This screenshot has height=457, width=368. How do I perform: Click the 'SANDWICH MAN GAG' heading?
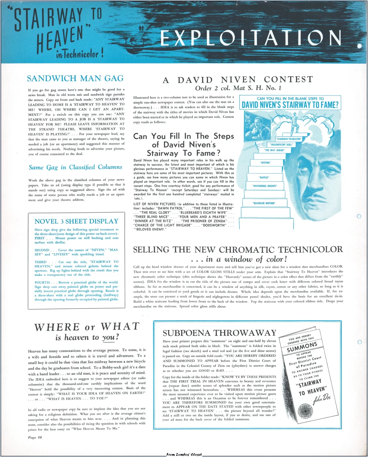coord(75,79)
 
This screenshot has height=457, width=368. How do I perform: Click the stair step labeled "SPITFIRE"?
coord(265,163)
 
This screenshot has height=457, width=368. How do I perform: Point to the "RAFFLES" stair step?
coord(264,177)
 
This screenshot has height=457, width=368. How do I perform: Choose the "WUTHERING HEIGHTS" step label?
coord(265,186)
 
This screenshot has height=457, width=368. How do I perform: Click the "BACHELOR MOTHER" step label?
coord(264,203)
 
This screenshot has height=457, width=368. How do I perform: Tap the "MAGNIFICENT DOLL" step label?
coord(282,145)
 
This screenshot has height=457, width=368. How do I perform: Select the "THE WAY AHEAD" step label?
coord(274,150)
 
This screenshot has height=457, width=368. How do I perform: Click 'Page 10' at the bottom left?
coord(35,437)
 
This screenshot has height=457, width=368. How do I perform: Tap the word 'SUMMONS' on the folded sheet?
coord(302,347)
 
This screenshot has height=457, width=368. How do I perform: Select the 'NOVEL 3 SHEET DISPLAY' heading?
coord(76,221)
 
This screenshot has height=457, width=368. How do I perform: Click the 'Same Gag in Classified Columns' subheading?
coord(75,167)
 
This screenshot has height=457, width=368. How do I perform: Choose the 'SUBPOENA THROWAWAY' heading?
coord(220,333)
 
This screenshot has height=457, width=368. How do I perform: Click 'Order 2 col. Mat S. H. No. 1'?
coord(238,88)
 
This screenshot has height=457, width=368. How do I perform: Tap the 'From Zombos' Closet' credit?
coord(184,454)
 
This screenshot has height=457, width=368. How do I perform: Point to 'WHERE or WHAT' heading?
coord(87,327)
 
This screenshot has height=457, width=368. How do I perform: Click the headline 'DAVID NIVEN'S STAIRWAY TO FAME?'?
coord(290,105)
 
